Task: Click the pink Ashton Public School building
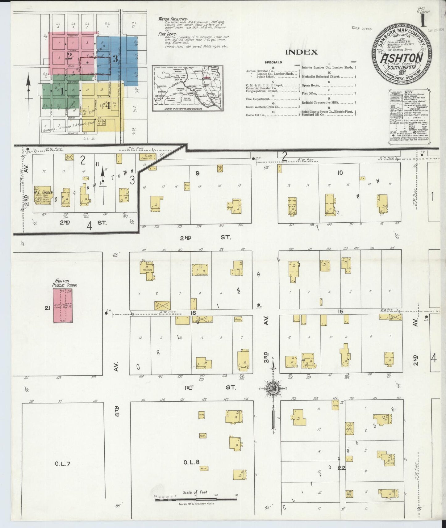tap(63, 306)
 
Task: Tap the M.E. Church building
tap(43, 196)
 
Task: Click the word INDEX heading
tap(302, 52)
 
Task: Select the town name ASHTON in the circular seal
tap(401, 58)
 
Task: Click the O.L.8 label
tap(192, 462)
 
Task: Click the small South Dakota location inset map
tap(187, 89)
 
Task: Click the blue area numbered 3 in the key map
tap(115, 58)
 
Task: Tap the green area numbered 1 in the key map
tap(61, 91)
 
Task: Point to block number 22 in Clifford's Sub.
tap(341, 468)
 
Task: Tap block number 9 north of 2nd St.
tap(198, 173)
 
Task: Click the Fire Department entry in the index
tap(258, 99)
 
